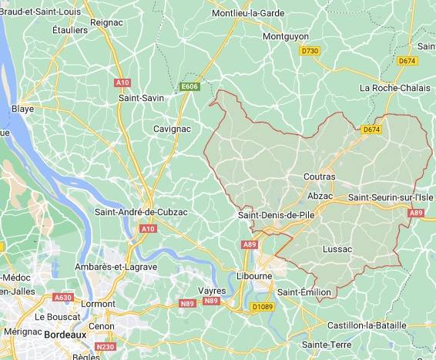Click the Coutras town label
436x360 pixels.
click(x=320, y=177)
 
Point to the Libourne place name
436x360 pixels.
click(x=253, y=275)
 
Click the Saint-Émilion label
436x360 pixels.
click(x=304, y=292)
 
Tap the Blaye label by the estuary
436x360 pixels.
click(x=22, y=109)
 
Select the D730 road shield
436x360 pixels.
click(x=310, y=51)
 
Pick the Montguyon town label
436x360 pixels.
click(x=285, y=36)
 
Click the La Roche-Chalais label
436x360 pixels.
click(x=394, y=89)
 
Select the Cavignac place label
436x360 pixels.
click(x=173, y=128)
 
